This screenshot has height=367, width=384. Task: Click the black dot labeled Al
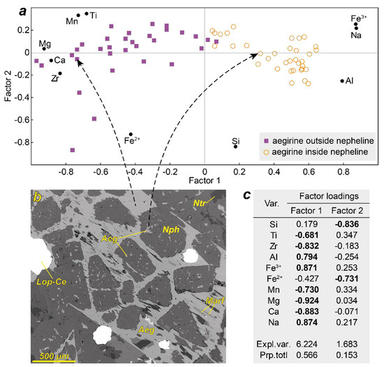[x=342, y=81]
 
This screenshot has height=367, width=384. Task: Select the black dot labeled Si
[x=236, y=147]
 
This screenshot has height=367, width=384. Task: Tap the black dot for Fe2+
[x=131, y=135]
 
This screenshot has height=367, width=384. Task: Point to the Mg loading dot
[x=44, y=48]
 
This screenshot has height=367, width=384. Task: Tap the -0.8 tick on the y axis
[x=16, y=142]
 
